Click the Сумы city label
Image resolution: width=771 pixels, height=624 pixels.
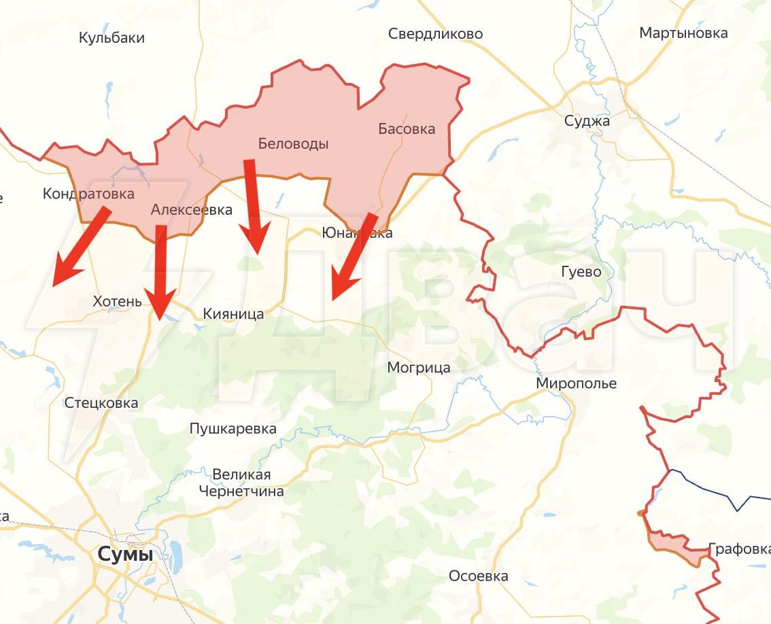[125, 554]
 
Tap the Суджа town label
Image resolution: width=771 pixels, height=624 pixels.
[587, 121]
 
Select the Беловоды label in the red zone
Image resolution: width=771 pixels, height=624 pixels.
[293, 143]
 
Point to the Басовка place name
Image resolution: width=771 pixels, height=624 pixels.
[407, 128]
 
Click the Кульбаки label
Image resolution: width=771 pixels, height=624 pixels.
[112, 37]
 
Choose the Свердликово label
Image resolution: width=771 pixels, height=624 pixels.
[435, 33]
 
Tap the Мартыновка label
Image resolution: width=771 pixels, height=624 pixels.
[683, 33]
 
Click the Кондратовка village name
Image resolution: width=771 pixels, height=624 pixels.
[88, 194]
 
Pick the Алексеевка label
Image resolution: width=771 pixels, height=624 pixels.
[191, 210]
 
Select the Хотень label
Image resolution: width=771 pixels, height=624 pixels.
[117, 301]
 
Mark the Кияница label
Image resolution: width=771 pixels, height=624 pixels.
[233, 313]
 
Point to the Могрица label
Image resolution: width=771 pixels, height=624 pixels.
[418, 368]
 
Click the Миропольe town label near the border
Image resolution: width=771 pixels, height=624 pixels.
[576, 383]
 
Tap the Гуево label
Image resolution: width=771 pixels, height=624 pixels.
[581, 272]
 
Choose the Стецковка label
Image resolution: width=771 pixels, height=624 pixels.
[101, 402]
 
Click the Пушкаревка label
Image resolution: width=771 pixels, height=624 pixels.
[233, 428]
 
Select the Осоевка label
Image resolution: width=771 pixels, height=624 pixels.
[478, 576]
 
